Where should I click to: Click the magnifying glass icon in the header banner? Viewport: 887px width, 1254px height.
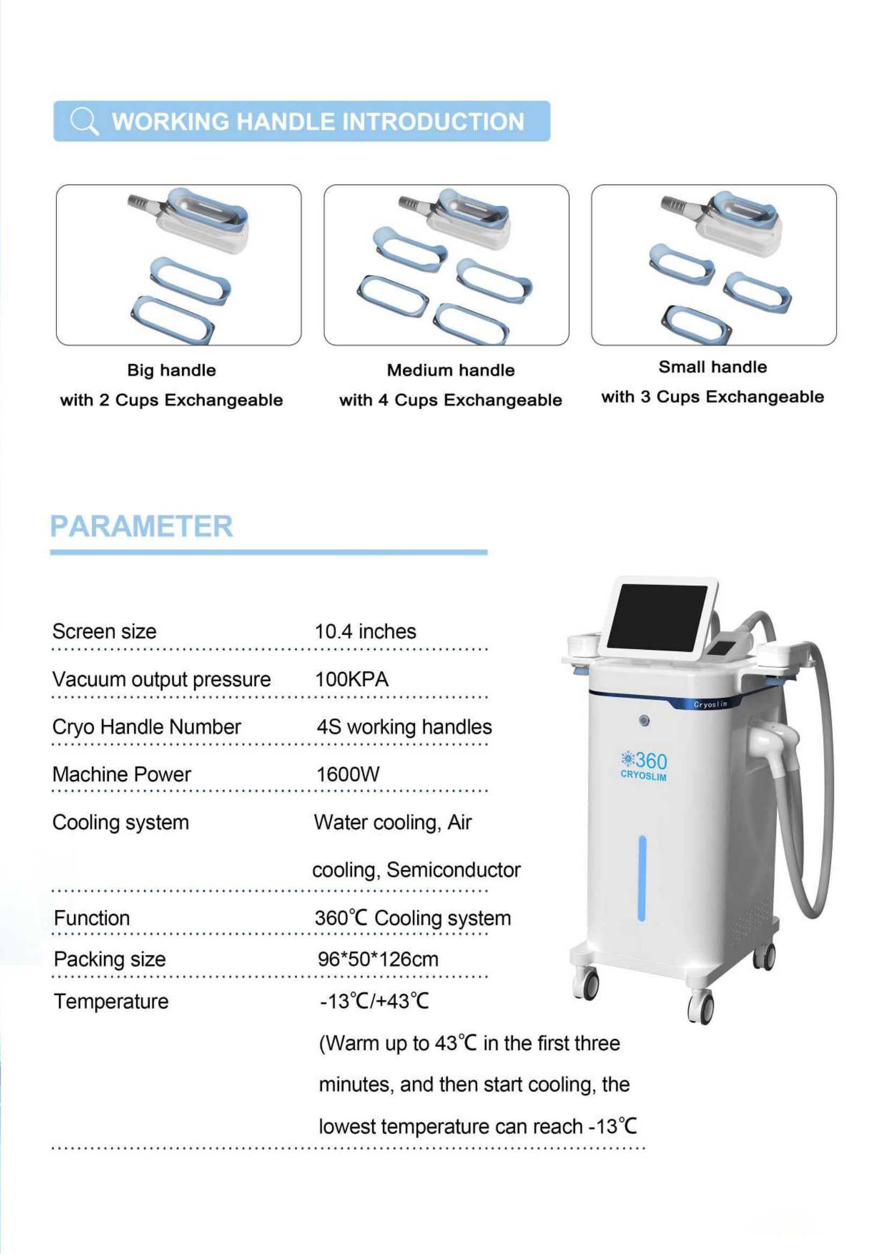pos(84,121)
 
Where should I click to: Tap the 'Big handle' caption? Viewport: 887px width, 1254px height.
pos(172,370)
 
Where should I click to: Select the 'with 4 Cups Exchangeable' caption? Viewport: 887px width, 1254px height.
pos(450,400)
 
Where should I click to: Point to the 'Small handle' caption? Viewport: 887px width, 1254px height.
pos(712,367)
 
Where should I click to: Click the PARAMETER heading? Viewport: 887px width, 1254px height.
pos(142,526)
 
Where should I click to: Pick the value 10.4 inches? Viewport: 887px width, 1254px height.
pos(365,632)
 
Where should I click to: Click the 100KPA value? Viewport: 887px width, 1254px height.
pos(351,679)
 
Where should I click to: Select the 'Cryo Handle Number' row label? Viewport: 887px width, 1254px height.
pos(146,727)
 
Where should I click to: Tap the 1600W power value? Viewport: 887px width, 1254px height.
pos(348,775)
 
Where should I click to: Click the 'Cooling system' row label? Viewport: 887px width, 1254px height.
pos(120,822)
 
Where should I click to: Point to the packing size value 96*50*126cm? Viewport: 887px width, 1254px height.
pos(378,960)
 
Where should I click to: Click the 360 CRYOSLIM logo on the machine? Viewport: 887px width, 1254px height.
pos(644,766)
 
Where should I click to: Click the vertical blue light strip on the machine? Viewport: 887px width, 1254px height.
pos(642,878)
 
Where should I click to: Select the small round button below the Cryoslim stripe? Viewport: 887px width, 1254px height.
pos(645,721)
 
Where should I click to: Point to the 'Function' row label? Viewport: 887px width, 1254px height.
pos(92,918)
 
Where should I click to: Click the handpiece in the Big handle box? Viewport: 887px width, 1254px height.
pos(197,218)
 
